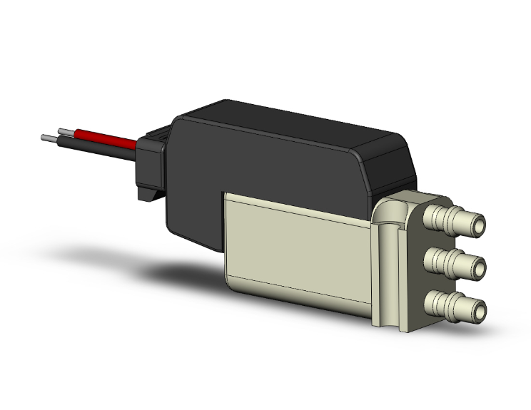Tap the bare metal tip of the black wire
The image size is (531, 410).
(x=47, y=136)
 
